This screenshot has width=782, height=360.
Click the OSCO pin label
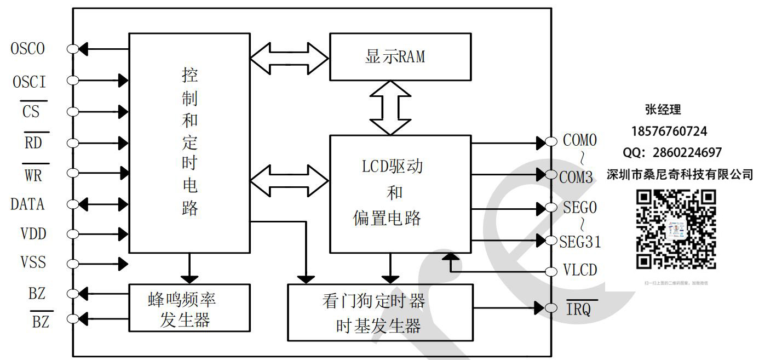point(28,49)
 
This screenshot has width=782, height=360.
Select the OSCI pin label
point(30,82)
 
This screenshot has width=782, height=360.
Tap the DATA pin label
point(28,204)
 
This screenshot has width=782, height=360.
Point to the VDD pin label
point(33,234)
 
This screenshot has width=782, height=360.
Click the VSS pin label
point(33,263)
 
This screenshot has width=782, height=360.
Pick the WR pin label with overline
point(33,175)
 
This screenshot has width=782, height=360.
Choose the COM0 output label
point(580,140)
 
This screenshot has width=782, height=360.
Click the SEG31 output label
point(580,242)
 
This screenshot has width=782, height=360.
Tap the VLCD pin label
point(580,271)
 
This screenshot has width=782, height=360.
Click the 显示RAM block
point(400,56)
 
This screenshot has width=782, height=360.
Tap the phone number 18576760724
point(669,132)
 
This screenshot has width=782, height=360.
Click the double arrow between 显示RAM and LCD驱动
point(390,107)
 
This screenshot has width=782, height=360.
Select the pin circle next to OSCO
point(72,49)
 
